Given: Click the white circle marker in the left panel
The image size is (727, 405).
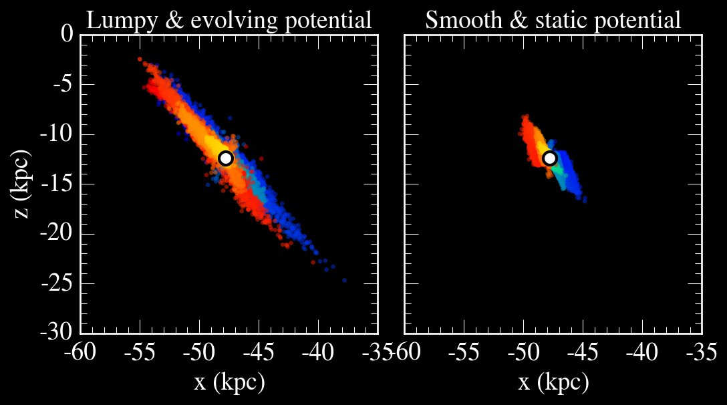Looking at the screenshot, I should (x=226, y=158).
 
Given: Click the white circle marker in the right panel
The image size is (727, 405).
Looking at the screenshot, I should (x=550, y=158).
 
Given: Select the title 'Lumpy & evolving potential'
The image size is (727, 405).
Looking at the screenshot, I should (x=229, y=20).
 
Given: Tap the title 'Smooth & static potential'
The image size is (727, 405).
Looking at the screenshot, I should (x=553, y=20).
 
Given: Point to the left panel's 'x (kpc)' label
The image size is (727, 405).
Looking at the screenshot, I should (x=229, y=382).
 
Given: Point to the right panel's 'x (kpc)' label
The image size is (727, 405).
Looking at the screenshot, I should (x=553, y=382).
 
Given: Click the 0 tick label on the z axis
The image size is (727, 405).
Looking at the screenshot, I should (x=66, y=33).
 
